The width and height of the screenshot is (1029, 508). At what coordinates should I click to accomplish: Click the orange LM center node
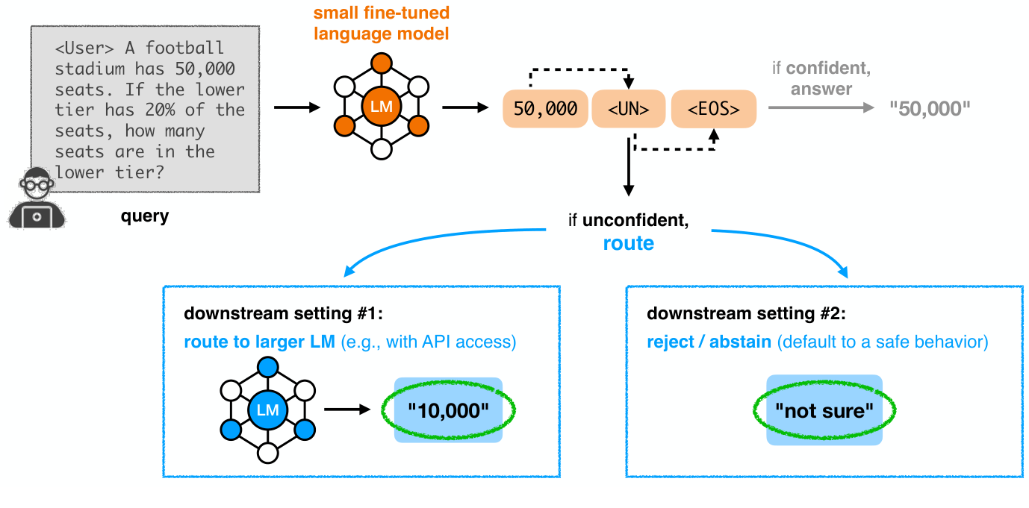coord(381,107)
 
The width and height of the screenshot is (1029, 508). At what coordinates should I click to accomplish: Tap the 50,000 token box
coord(546,109)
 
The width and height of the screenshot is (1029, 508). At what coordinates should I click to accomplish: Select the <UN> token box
coord(628,109)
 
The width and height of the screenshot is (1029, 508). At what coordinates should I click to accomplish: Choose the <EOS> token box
coord(713,109)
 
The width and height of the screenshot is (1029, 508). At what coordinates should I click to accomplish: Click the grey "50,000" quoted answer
coord(930,109)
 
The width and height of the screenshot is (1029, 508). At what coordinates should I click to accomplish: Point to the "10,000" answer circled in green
coord(448,410)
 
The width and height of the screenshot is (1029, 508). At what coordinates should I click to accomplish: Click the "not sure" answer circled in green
coord(824,410)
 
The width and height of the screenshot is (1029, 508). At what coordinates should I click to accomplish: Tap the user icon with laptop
coord(36,198)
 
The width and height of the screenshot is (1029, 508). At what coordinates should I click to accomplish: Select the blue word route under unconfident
coord(628,243)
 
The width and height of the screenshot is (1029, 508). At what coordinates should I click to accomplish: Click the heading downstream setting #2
coord(747,313)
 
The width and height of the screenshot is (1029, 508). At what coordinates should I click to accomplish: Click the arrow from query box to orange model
coord(296,108)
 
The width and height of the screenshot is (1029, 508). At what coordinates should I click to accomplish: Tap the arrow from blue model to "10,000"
coord(347,410)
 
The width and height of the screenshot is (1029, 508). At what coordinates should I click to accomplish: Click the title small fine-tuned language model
coord(381,24)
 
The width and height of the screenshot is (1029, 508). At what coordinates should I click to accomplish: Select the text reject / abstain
coord(709,342)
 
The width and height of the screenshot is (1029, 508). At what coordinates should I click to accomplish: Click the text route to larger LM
coord(259,342)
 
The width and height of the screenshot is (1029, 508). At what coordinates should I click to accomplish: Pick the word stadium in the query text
coord(89,69)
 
